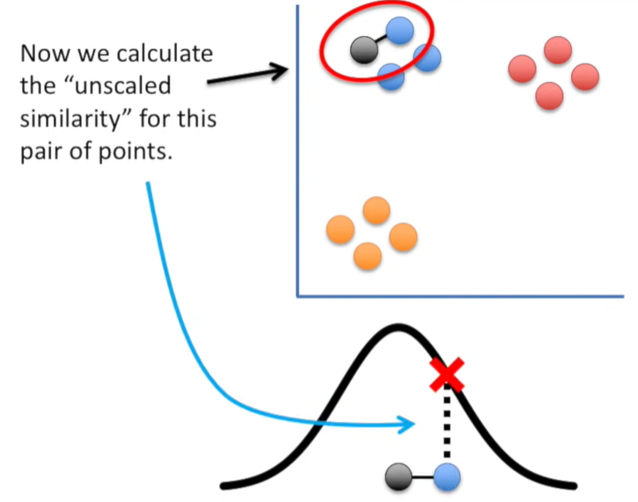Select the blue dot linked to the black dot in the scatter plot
pyautogui.click(x=400, y=32)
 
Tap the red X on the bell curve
pyautogui.click(x=448, y=375)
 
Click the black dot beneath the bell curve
pyautogui.click(x=398, y=478)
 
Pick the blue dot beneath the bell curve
pyautogui.click(x=448, y=478)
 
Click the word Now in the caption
pyautogui.click(x=45, y=54)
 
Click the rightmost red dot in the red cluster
pyautogui.click(x=584, y=77)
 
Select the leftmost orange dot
pyautogui.click(x=340, y=229)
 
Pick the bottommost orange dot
pyautogui.click(x=367, y=255)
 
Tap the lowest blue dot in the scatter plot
pyautogui.click(x=391, y=77)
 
